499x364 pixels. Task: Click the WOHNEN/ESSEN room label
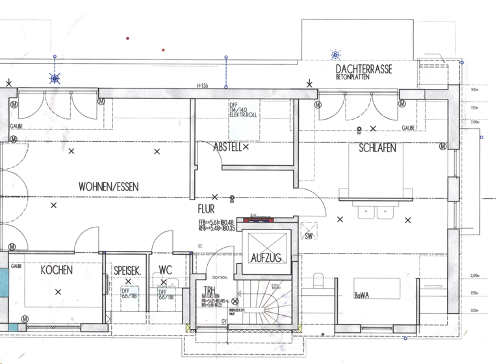click(x=109, y=187)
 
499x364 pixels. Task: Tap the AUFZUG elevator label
click(x=266, y=258)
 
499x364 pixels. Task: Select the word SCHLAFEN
click(x=377, y=148)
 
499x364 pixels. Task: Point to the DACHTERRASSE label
click(x=363, y=69)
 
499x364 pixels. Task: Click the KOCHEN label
click(x=57, y=270)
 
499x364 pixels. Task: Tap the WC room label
click(x=165, y=270)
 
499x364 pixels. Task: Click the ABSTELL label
click(x=227, y=148)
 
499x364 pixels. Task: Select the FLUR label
click(x=207, y=210)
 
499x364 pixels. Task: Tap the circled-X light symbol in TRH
click(x=235, y=301)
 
